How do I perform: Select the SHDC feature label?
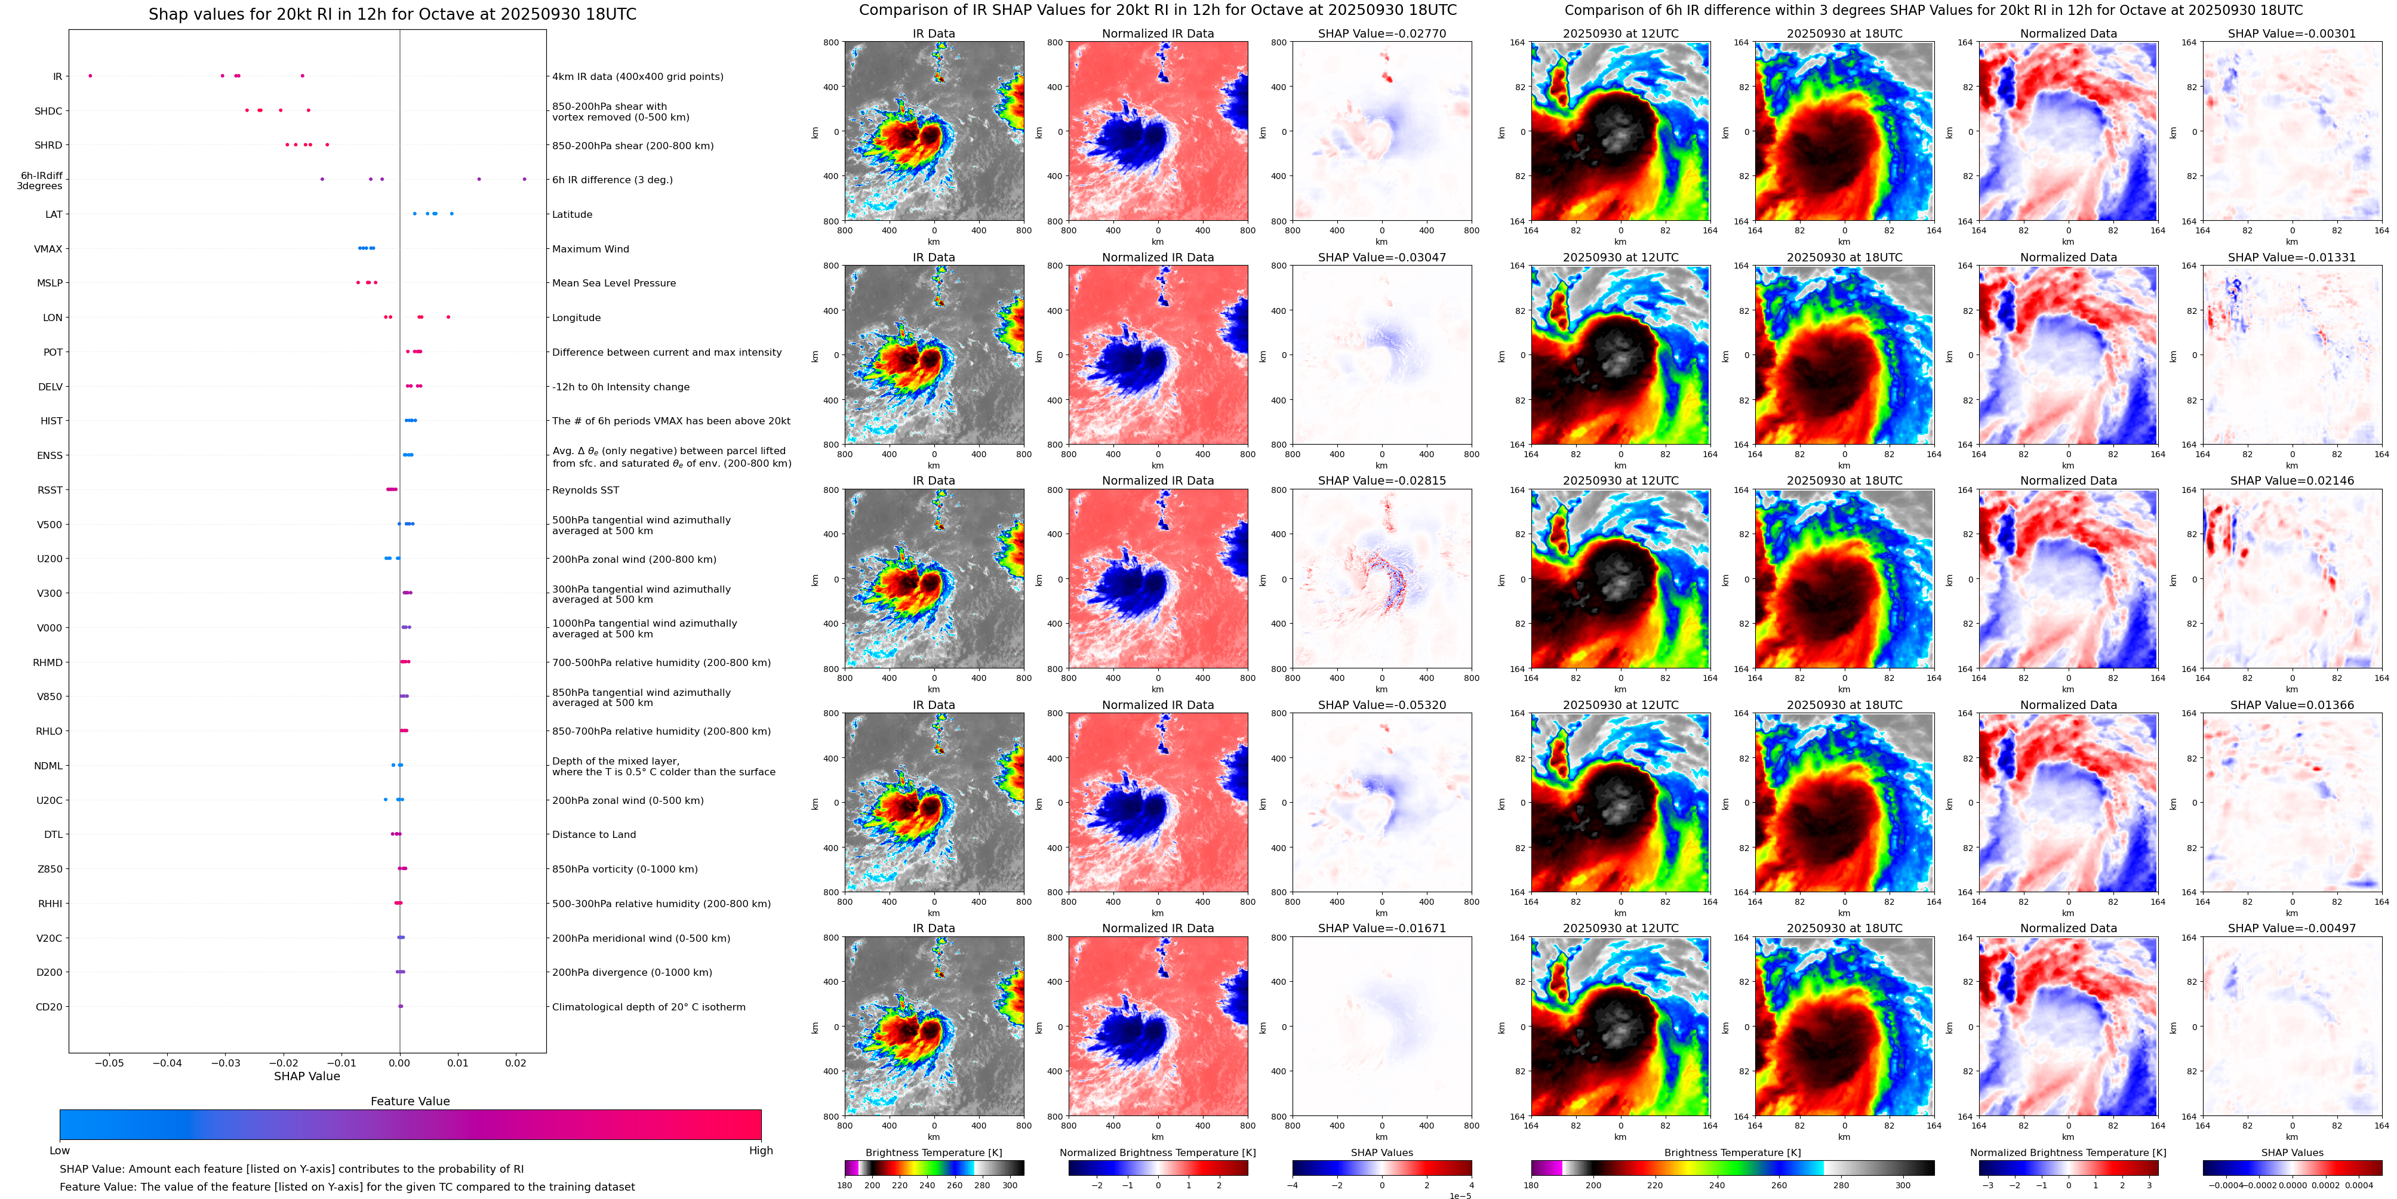coord(48,110)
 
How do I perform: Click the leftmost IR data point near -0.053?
coord(90,75)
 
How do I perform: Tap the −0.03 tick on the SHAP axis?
coord(225,1062)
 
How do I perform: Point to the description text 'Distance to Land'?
coord(593,834)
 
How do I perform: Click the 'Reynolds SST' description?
coord(584,490)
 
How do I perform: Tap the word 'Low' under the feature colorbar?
coord(60,1151)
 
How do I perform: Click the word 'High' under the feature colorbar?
coord(760,1151)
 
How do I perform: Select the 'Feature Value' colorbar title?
coord(410,1101)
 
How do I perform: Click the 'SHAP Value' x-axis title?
coord(306,1076)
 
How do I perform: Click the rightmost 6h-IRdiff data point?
coord(524,178)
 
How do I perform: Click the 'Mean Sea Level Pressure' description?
coord(613,283)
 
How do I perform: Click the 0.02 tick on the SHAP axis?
coord(515,1062)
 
